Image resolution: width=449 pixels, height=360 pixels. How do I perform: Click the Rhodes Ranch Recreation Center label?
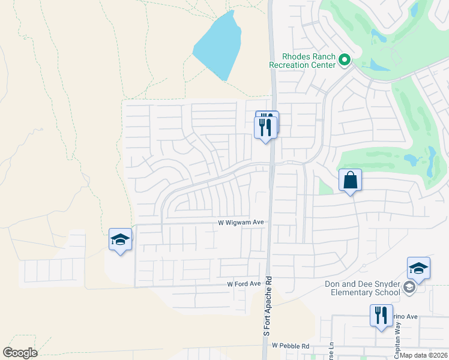[303, 61]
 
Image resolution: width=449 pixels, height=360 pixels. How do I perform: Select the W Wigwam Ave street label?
[241, 223]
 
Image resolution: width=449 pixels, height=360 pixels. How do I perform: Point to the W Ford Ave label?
[244, 284]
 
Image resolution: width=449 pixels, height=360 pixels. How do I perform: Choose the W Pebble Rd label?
[291, 346]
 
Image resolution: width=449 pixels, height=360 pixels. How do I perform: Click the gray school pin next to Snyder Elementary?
[409, 287]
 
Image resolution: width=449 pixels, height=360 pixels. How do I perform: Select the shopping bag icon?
[351, 180]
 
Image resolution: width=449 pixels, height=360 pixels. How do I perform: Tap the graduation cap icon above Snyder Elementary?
[418, 268]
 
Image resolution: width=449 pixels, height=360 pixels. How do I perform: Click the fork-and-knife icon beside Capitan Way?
[381, 315]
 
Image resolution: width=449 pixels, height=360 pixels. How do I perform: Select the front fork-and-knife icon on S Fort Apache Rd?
[265, 127]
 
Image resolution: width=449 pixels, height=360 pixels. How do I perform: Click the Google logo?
[20, 353]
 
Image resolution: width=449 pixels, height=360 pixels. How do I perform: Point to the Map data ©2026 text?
[424, 355]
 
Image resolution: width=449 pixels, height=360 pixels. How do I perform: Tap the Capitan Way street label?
[397, 335]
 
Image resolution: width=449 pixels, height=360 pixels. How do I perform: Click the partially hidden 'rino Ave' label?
[405, 316]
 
